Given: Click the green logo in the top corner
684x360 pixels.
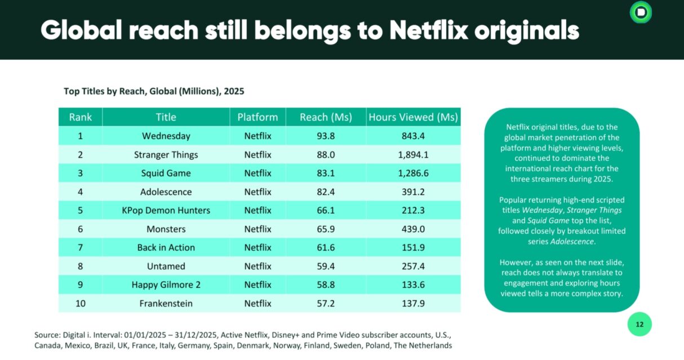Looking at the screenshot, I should coord(641,12).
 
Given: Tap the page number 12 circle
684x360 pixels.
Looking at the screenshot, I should coord(639,325).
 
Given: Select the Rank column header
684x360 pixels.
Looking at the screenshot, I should coord(81,117).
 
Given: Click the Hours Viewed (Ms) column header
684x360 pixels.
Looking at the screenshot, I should coord(413,117).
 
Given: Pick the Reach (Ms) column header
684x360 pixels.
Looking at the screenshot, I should coord(326,117).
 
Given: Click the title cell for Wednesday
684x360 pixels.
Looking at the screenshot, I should coord(166,136).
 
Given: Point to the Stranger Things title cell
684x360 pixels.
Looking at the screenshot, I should coord(166,154).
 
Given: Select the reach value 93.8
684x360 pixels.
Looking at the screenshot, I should coord(326,136).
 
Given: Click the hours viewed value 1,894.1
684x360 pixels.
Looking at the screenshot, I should coord(413,154).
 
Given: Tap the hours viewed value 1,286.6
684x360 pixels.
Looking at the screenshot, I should coord(413,173).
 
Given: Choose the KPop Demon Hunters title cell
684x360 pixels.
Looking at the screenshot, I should coord(166,210).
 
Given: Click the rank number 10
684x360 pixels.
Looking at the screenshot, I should coord(81,303).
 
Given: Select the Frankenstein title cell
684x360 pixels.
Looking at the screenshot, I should coord(166,303).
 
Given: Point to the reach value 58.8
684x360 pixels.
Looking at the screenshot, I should coord(326,285).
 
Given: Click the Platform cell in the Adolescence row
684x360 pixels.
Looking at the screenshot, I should coord(257,192).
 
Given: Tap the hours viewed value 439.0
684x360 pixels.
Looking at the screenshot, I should coord(413,229).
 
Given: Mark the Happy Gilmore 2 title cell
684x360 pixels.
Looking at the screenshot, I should coord(166,285).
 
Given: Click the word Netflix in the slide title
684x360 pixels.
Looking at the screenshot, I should coord(428,29).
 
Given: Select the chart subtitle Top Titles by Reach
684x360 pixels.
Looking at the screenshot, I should coord(154,91).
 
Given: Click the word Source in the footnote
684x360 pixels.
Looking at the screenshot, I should coord(47,335).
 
